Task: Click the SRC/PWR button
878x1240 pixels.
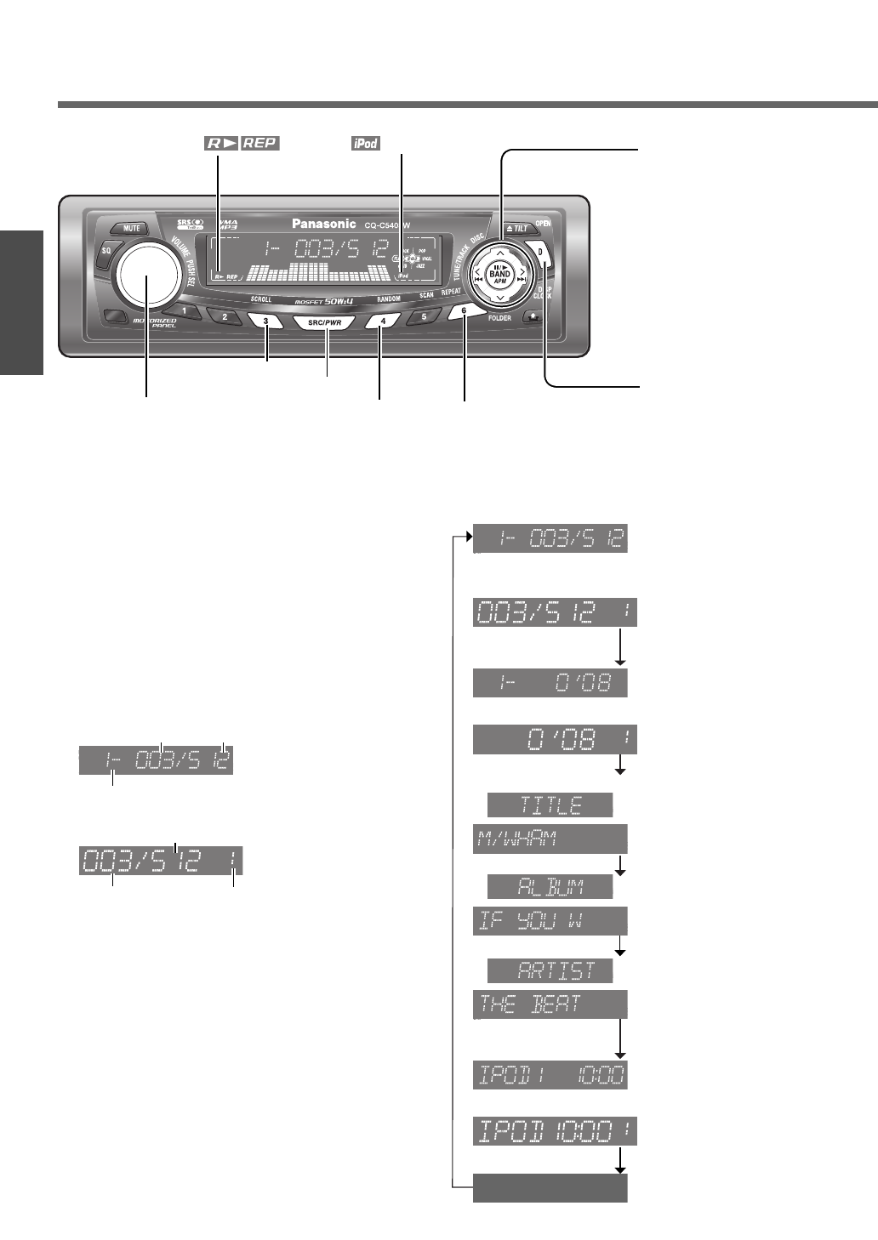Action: click(x=324, y=323)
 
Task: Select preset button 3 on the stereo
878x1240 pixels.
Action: click(x=266, y=321)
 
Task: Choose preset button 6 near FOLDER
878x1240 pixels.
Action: click(x=464, y=311)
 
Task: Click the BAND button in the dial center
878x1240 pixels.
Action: click(x=500, y=274)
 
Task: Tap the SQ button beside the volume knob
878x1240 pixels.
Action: click(x=106, y=252)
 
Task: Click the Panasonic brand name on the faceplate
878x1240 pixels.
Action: click(x=324, y=224)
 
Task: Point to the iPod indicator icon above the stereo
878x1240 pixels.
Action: click(x=366, y=144)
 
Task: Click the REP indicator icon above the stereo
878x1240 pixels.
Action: click(x=260, y=143)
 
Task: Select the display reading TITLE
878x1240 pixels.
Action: click(x=550, y=805)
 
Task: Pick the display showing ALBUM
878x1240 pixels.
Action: click(x=550, y=887)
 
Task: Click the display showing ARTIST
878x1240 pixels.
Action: click(x=550, y=970)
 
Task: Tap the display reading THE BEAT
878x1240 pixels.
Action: click(x=550, y=1004)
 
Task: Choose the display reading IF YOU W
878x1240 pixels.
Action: click(x=550, y=921)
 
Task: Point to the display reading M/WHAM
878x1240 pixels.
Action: click(x=550, y=839)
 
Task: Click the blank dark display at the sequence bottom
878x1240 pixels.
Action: click(x=550, y=1188)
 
